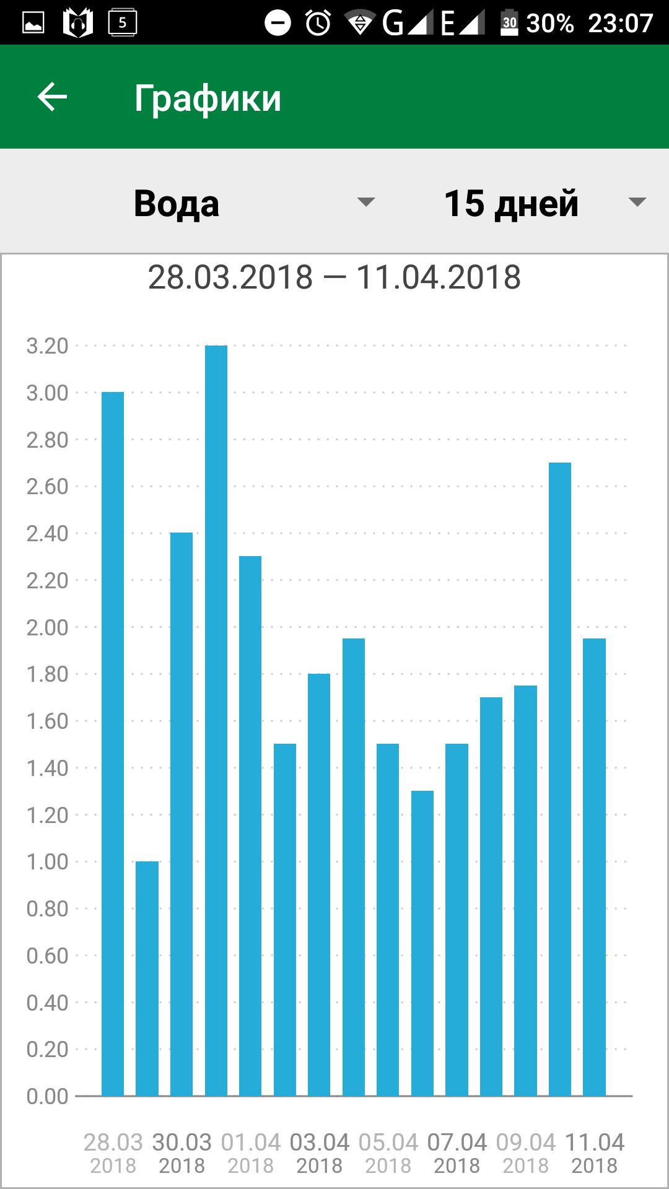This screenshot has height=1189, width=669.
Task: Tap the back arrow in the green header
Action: [52, 97]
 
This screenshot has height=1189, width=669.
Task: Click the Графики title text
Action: [208, 98]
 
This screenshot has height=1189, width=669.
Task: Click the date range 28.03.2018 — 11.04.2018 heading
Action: [334, 277]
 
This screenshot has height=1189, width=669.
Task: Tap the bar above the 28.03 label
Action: [113, 743]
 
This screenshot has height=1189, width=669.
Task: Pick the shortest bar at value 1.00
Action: [147, 978]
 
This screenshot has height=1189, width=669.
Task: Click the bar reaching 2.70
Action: [560, 780]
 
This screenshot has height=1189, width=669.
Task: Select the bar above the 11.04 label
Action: [594, 867]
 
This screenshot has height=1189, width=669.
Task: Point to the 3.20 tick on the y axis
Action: [47, 346]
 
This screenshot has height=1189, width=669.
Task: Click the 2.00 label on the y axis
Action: [47, 627]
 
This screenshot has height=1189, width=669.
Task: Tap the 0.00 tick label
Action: [47, 1096]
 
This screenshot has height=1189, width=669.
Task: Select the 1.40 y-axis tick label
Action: [47, 768]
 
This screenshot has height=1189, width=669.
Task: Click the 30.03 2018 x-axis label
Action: [181, 1153]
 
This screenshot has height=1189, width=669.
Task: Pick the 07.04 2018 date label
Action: [457, 1153]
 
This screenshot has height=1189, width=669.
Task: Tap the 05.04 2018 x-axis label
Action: [388, 1153]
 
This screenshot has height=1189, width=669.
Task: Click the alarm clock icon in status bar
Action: [318, 24]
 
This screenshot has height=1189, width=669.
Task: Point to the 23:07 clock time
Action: [620, 24]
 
